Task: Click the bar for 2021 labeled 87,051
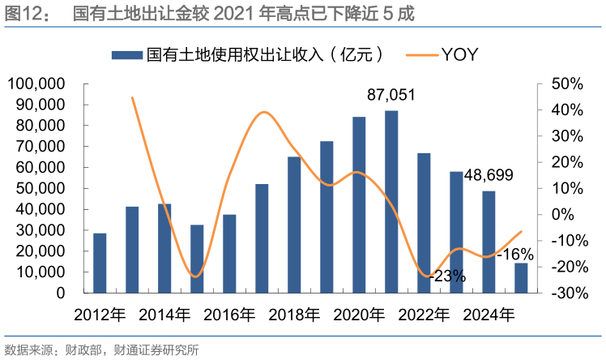coord(391,201)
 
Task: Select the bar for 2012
coord(100,263)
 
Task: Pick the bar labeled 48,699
coord(489,242)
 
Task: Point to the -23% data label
coord(447,276)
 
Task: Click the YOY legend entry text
coord(460,54)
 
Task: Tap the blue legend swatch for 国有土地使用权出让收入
coord(126,54)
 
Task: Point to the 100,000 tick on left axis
coord(36,84)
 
